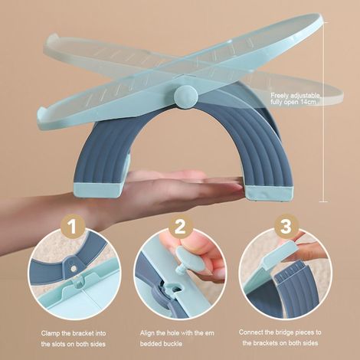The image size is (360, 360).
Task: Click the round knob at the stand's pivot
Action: [186, 97]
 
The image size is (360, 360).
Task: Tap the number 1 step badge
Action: [73, 227]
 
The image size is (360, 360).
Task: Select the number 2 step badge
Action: [179, 227]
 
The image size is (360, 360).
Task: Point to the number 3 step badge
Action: [286, 227]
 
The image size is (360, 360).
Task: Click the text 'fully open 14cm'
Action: [293, 103]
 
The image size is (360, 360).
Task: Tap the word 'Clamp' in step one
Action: [51, 333]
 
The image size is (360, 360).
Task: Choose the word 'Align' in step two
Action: [147, 333]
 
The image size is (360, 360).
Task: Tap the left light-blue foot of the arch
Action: [97, 189]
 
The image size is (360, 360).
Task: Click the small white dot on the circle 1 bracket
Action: [74, 268]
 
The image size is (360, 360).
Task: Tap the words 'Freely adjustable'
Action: [296, 96]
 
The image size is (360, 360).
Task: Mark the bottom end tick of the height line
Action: [323, 201]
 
